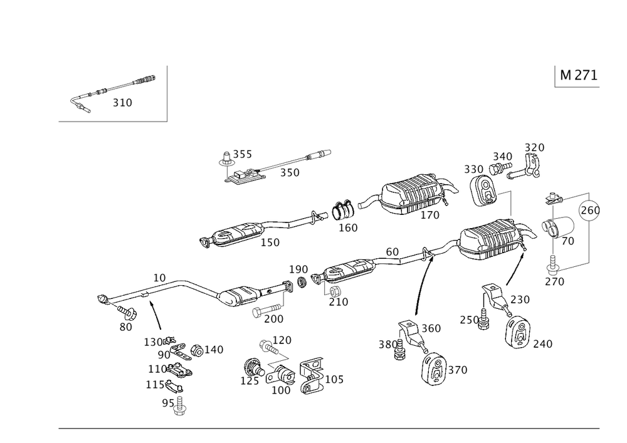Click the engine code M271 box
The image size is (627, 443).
577,76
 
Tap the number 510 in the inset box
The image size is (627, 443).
122,103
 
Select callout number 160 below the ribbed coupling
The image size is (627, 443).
348,228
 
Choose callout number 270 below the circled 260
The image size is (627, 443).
554,282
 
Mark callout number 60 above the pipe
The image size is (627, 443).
393,251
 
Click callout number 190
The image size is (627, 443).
299,269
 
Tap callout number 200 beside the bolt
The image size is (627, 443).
273,318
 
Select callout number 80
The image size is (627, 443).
125,326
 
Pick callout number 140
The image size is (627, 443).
214,350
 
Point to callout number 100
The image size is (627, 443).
283,390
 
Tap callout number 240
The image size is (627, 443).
542,343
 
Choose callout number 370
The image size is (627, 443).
458,371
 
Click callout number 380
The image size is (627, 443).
387,344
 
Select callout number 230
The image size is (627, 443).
519,299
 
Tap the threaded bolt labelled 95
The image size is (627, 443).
180,408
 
